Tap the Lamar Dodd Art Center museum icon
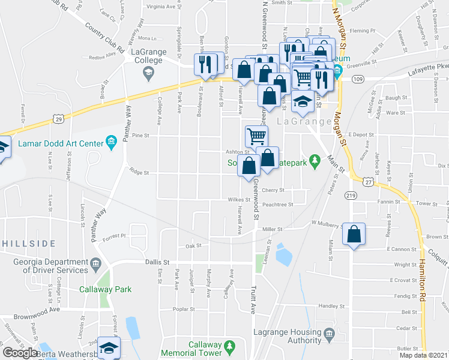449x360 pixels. point(111,142)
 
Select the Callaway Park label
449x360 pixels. point(105,289)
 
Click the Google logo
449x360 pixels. point(20,353)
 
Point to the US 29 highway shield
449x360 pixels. point(58,103)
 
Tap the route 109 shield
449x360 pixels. point(358,79)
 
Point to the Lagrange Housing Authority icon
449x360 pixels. point(328,333)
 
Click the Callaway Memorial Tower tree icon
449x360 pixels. point(228,346)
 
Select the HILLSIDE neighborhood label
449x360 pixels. point(29,244)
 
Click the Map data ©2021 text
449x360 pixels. point(423,355)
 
